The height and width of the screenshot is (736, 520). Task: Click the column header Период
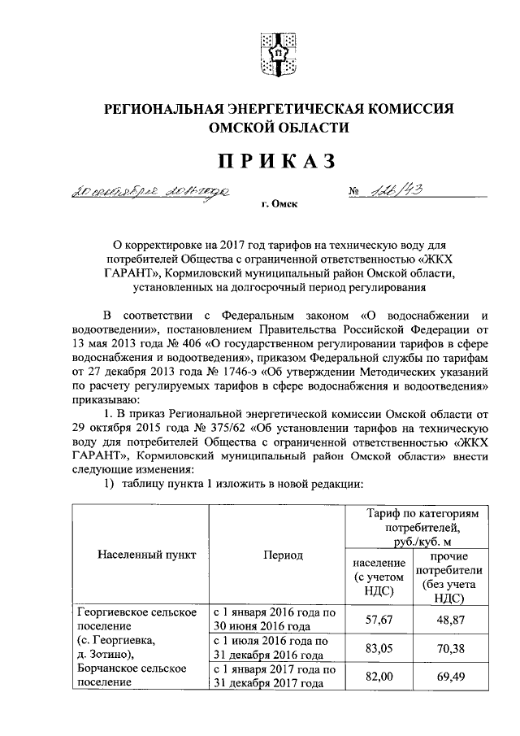(282, 555)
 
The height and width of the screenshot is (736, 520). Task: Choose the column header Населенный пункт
(145, 555)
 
